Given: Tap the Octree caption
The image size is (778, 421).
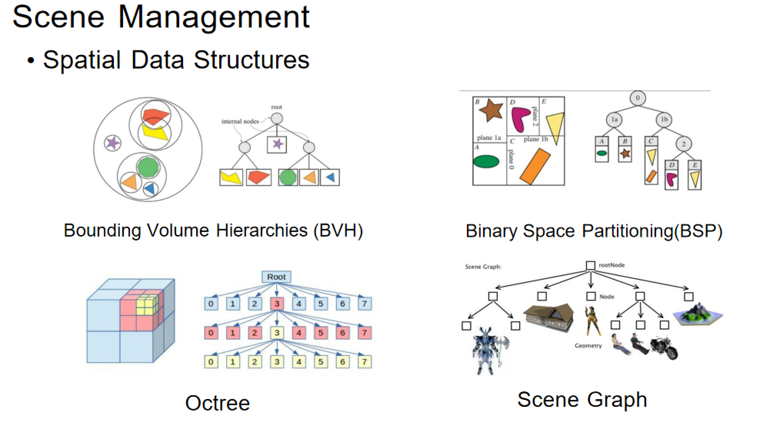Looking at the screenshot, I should [x=217, y=403].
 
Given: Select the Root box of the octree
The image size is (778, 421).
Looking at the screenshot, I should [x=276, y=277].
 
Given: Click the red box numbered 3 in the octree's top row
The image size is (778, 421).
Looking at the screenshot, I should [x=277, y=304].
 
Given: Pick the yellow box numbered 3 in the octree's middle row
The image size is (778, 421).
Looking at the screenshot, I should [x=277, y=332].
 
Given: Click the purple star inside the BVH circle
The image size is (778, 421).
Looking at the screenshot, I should [x=113, y=143].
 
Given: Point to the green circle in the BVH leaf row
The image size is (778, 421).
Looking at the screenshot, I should [x=288, y=177].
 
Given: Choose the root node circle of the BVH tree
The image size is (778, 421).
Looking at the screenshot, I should [x=277, y=118].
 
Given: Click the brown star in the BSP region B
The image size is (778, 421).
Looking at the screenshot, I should [x=491, y=110].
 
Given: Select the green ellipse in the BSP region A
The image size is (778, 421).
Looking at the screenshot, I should [x=486, y=161].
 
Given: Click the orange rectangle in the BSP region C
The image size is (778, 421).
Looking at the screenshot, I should [x=535, y=166].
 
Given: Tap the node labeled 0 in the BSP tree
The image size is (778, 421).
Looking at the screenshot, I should [x=637, y=98].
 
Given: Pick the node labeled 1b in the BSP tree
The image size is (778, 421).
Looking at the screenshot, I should [x=664, y=120].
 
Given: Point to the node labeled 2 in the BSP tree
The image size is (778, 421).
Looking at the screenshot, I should [x=683, y=144].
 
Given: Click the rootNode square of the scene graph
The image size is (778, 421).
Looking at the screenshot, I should [x=590, y=265].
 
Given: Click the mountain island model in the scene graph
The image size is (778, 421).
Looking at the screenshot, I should [x=698, y=314].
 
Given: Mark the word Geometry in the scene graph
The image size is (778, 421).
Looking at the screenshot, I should [x=588, y=346].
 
